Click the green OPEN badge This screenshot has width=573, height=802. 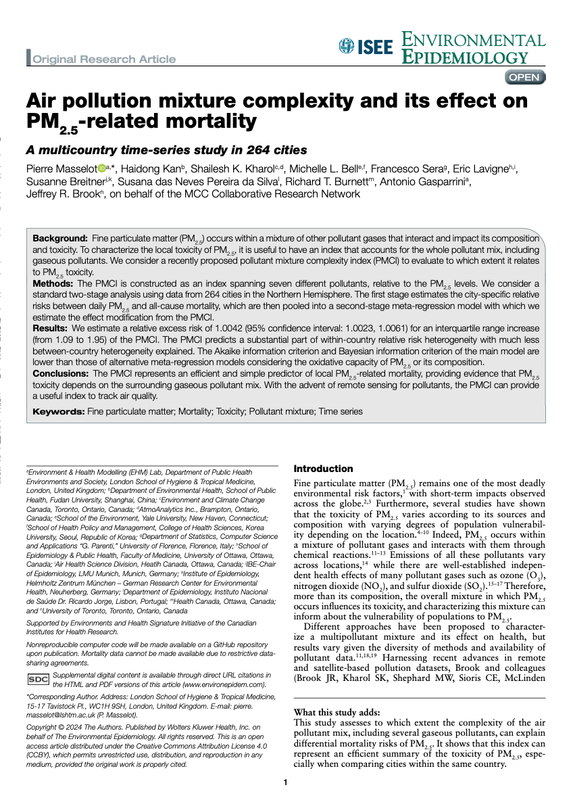coord(524,77)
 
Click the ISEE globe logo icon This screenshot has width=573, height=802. coord(346,46)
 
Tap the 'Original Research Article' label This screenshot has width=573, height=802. coord(104,59)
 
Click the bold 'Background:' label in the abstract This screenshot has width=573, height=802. coord(60,239)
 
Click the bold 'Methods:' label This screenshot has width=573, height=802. coord(54,282)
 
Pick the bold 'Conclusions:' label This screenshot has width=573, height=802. coord(61,373)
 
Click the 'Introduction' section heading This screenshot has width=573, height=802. coord(323,469)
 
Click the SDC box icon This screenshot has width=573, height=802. coord(37,679)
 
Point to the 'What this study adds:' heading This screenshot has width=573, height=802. coord(337,712)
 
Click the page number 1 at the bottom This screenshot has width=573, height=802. coord(286,782)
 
